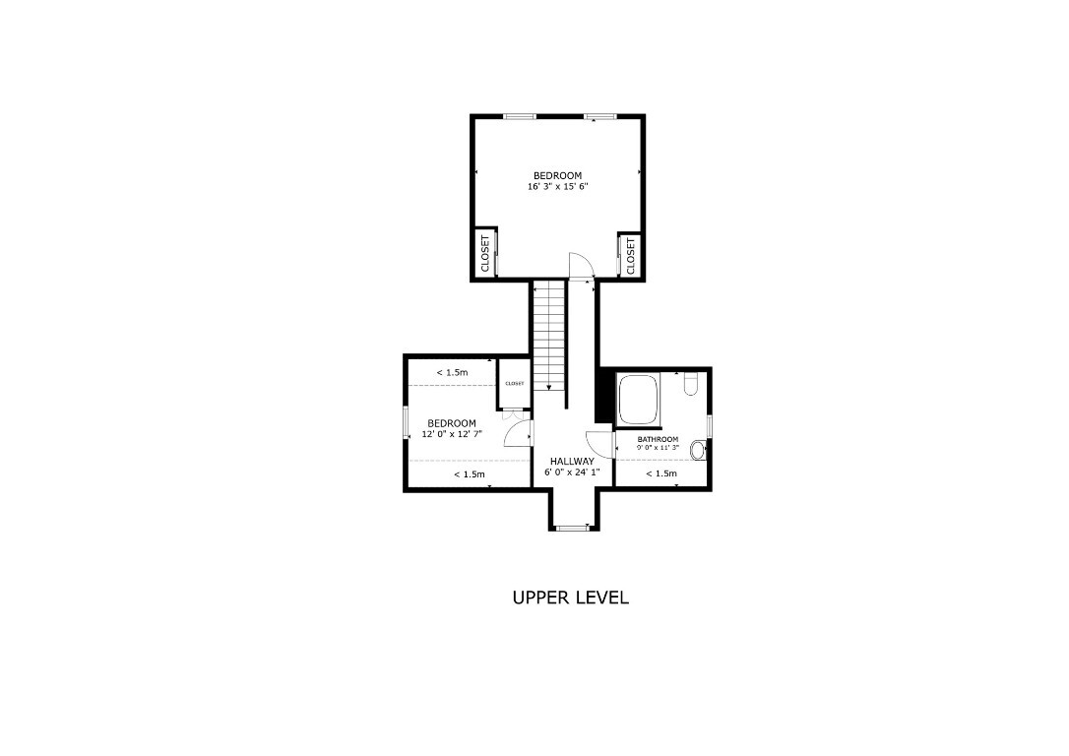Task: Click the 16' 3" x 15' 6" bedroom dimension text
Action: pyautogui.click(x=557, y=186)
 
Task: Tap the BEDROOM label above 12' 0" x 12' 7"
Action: pyautogui.click(x=451, y=423)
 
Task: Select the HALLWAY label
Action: pyautogui.click(x=571, y=461)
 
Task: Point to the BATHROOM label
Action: pyautogui.click(x=658, y=439)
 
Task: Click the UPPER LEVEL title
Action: pyautogui.click(x=570, y=598)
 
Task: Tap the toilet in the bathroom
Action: pyautogui.click(x=690, y=384)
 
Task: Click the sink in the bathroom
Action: pyautogui.click(x=698, y=451)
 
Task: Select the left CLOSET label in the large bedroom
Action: pyautogui.click(x=484, y=254)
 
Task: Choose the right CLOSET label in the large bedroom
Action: pyautogui.click(x=631, y=254)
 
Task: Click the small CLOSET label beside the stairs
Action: pyautogui.click(x=515, y=384)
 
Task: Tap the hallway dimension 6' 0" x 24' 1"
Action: pyautogui.click(x=571, y=472)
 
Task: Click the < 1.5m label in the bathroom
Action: pyautogui.click(x=661, y=473)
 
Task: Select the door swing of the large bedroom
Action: pyautogui.click(x=581, y=264)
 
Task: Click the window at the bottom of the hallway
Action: pyautogui.click(x=571, y=529)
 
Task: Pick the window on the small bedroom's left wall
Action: pyautogui.click(x=406, y=422)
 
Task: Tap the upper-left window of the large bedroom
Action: pyautogui.click(x=519, y=117)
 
